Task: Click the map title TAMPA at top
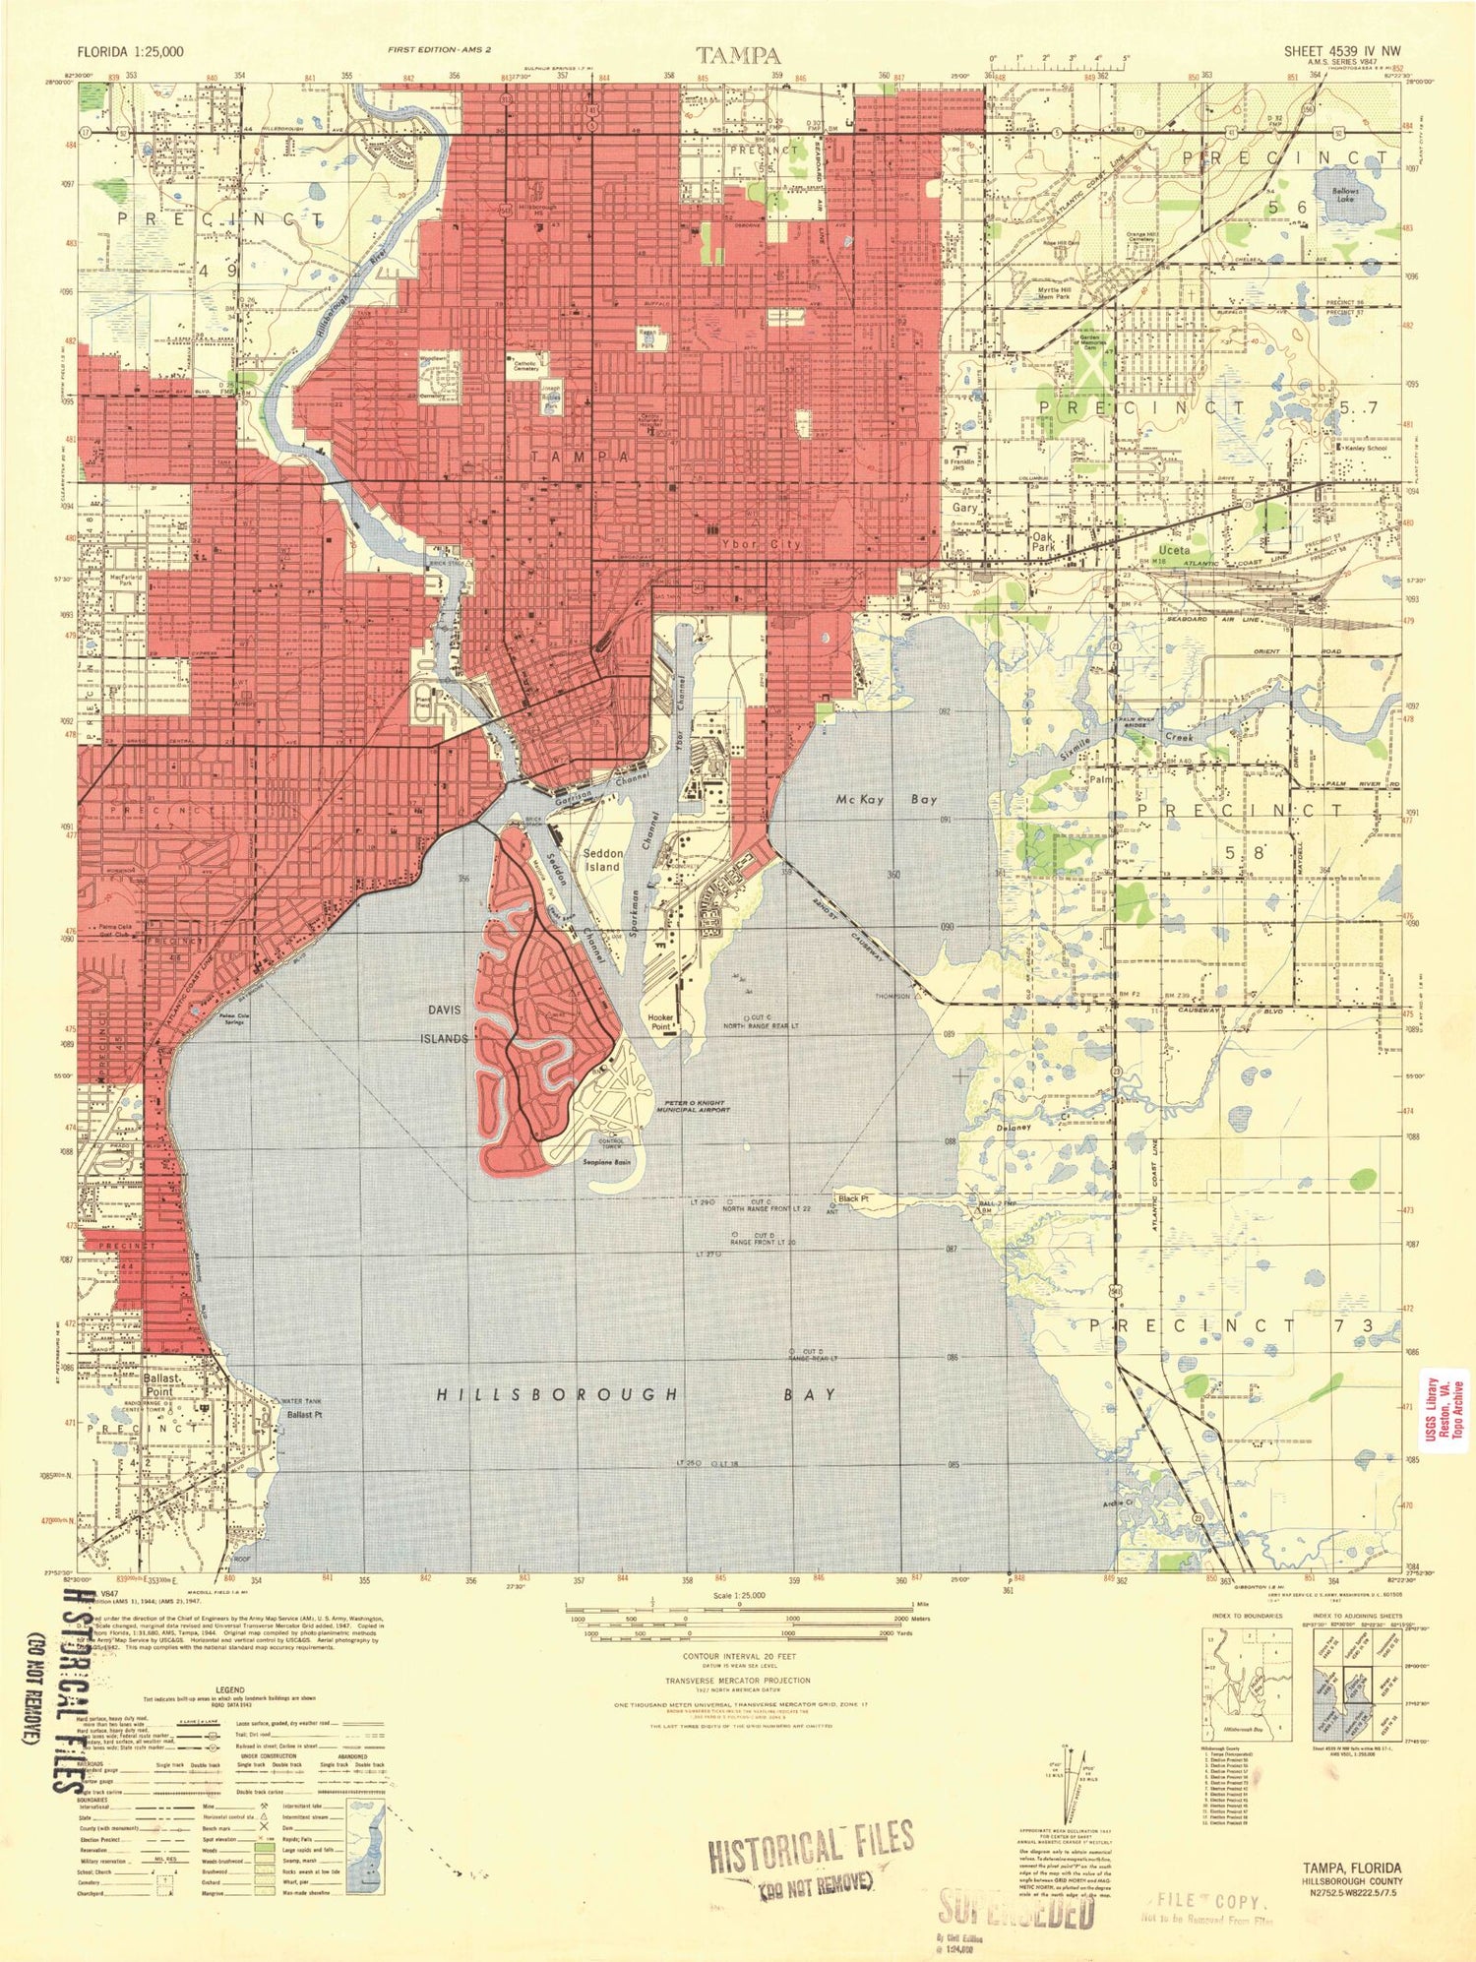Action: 739,55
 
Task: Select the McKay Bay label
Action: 887,800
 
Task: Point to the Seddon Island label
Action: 602,860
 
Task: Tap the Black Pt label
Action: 853,1198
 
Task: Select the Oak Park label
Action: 1043,543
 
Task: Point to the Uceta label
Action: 1174,550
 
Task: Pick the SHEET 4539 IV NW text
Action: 1342,50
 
